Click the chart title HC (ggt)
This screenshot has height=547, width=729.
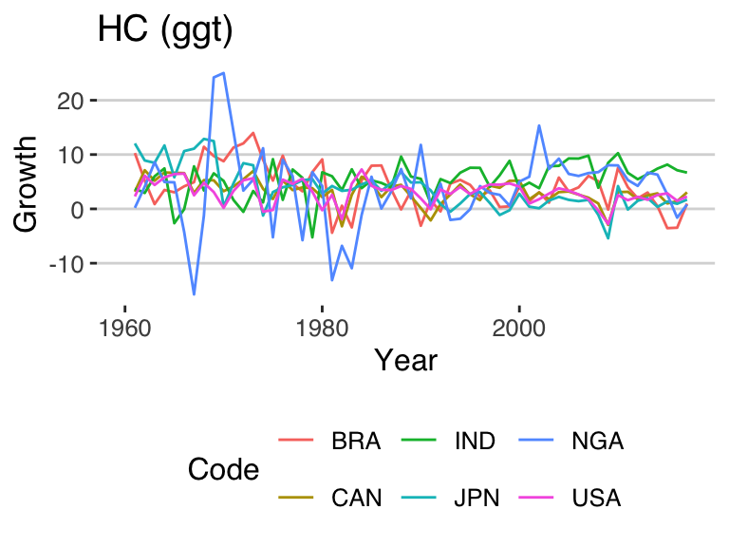point(165,30)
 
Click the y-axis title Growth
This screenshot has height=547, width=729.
point(28,182)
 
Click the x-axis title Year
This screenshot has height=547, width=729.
point(405,360)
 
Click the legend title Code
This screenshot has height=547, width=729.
point(223,469)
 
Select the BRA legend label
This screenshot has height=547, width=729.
point(356,442)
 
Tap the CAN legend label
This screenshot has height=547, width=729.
point(356,498)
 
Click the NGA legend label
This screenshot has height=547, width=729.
point(597,442)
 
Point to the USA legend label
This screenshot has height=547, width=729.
point(597,498)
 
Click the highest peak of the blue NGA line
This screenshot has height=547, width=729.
point(223,72)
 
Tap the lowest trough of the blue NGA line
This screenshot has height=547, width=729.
point(194,294)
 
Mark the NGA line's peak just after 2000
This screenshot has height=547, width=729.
point(539,125)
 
